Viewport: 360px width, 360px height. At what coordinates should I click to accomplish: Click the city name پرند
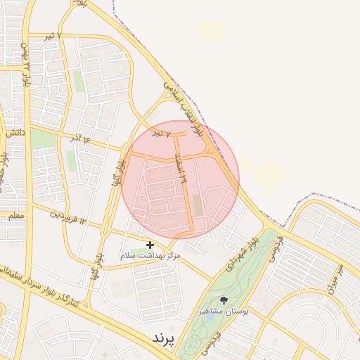pyautogui.click(x=162, y=338)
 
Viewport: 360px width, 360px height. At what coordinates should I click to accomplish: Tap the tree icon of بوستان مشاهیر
pyautogui.click(x=224, y=300)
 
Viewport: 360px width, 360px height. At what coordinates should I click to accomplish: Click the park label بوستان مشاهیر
pyautogui.click(x=224, y=311)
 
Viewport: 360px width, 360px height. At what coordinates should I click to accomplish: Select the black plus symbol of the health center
pyautogui.click(x=149, y=245)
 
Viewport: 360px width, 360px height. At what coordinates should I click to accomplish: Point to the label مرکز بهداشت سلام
pyautogui.click(x=150, y=255)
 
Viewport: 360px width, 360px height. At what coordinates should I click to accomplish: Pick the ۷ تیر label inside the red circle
pyautogui.click(x=163, y=133)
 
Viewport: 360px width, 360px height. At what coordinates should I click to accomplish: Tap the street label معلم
pyautogui.click(x=13, y=215)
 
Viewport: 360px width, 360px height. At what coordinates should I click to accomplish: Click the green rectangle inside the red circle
pyautogui.click(x=197, y=205)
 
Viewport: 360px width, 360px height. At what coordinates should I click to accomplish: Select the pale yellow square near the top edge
pyautogui.click(x=211, y=30)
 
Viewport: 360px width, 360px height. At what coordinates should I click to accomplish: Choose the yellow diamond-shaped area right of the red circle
pyautogui.click(x=269, y=175)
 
